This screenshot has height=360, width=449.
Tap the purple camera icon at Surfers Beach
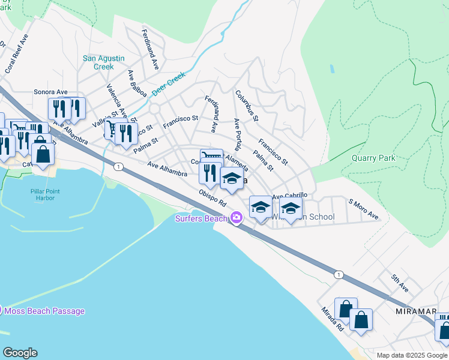click(237, 217)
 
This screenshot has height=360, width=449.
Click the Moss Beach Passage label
click(44, 311)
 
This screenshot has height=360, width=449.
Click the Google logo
click(20, 353)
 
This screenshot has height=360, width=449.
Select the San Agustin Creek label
click(103, 62)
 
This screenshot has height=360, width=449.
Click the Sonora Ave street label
click(50, 92)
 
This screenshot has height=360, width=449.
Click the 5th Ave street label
click(400, 283)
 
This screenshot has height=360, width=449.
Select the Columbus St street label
click(247, 106)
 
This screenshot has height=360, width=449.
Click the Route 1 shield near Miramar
click(339, 274)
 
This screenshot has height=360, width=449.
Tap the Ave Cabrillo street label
click(290, 196)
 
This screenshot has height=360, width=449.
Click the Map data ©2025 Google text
click(412, 355)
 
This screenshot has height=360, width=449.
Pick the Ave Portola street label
click(238, 134)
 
